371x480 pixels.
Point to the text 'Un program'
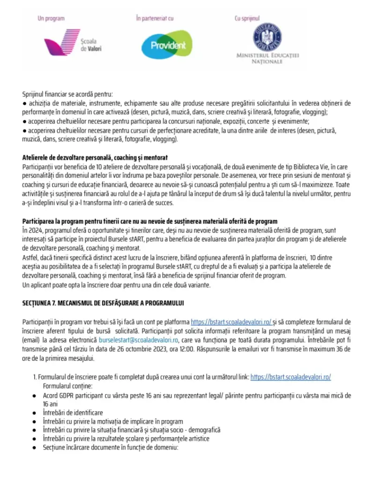(x=51, y=19)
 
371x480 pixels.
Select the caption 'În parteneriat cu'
(x=155, y=19)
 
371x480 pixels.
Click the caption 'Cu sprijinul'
(x=247, y=19)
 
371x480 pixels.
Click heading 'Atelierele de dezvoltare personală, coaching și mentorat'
(x=95, y=157)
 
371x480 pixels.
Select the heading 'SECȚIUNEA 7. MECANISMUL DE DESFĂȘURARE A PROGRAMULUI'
(x=103, y=303)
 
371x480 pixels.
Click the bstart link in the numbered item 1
(x=291, y=377)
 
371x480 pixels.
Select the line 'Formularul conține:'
(x=67, y=386)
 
